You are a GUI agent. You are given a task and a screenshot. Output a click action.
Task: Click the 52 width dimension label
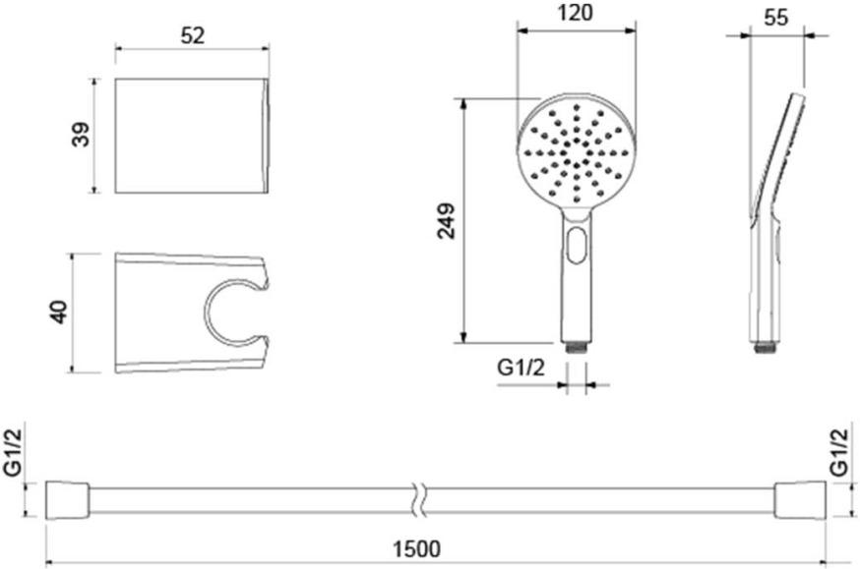coord(192,35)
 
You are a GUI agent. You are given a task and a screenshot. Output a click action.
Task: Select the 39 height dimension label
coord(81,135)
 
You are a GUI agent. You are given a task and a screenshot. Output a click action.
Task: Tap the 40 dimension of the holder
coord(59,313)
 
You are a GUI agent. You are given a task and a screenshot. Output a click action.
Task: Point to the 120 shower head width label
coord(576,13)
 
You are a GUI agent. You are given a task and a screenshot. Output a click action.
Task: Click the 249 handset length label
coord(447,221)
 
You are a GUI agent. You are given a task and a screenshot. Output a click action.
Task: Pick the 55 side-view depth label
coord(775,18)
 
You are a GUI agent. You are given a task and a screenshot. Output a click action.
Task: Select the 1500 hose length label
coord(417,548)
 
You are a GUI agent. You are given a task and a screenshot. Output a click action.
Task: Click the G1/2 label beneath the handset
coord(522,368)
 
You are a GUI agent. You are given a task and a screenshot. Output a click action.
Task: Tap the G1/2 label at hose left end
coord(13,452)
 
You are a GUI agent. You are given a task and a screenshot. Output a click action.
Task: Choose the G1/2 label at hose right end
coord(839,452)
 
